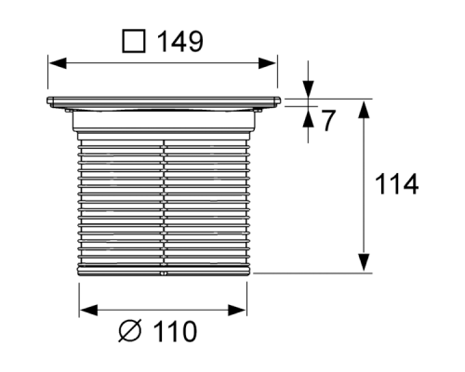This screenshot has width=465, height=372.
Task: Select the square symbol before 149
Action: pos(135,42)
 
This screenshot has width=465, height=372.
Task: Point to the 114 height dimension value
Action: pos(395,185)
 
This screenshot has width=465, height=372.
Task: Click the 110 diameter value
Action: pos(174,332)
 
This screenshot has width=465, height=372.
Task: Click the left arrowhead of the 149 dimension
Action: pos(55,63)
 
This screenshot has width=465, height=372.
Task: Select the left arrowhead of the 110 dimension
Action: pos(86,310)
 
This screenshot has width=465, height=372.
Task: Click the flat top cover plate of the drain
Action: pos(162,99)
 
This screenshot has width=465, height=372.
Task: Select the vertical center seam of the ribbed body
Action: pos(163,205)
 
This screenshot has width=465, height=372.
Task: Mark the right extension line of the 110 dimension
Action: pos(247,296)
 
